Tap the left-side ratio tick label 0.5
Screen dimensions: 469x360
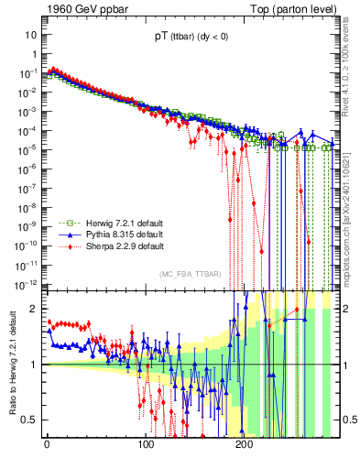(30, 420)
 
